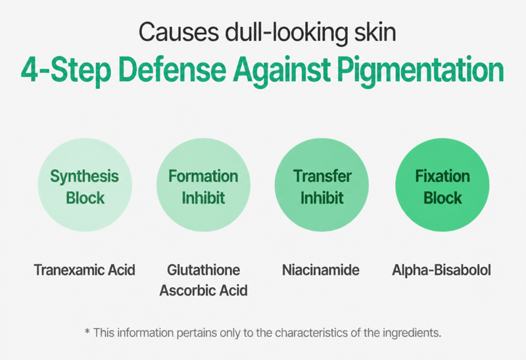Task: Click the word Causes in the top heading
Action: tap(179, 32)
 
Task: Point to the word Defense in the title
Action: tap(172, 70)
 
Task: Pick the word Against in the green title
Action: tap(282, 71)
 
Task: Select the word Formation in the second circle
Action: tap(203, 176)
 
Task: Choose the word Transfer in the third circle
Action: tap(322, 176)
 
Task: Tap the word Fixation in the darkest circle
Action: tap(442, 176)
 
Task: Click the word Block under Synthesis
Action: tap(85, 198)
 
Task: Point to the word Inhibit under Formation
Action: tap(203, 198)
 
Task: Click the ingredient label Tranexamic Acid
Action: tap(85, 270)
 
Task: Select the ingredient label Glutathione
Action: tap(204, 270)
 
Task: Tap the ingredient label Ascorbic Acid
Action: tap(204, 290)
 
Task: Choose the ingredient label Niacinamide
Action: tap(321, 270)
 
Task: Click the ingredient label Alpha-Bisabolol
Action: tap(441, 270)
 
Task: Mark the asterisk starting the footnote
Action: tap(87, 332)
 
